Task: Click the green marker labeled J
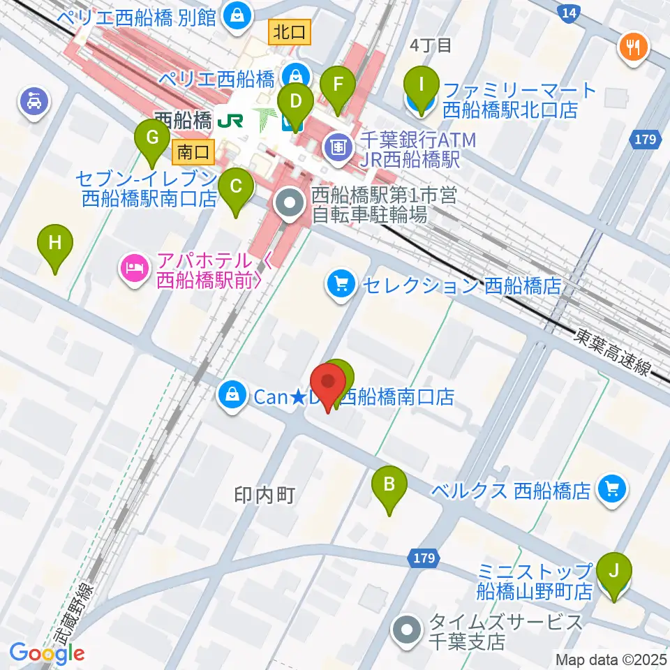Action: [x=614, y=570]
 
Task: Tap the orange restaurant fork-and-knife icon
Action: [x=634, y=47]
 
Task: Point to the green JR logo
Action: [x=230, y=120]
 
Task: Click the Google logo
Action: [x=47, y=653]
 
